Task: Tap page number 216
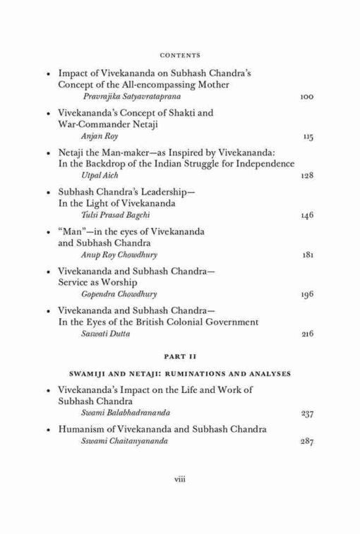307,333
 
